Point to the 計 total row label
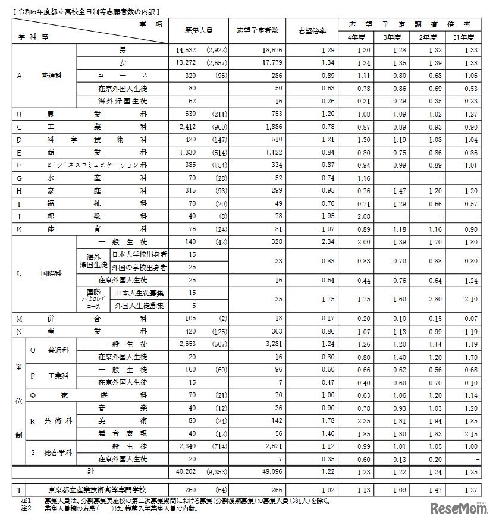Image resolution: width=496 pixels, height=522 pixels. click(x=89, y=471)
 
